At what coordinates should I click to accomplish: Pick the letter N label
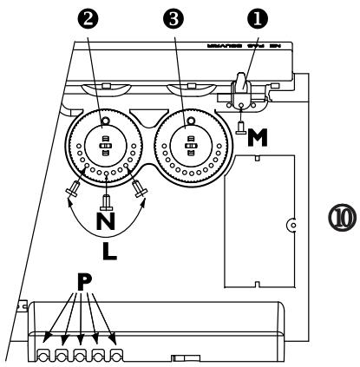106,221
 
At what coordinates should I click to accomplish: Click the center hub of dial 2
104,144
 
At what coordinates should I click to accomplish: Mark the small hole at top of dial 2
104,119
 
